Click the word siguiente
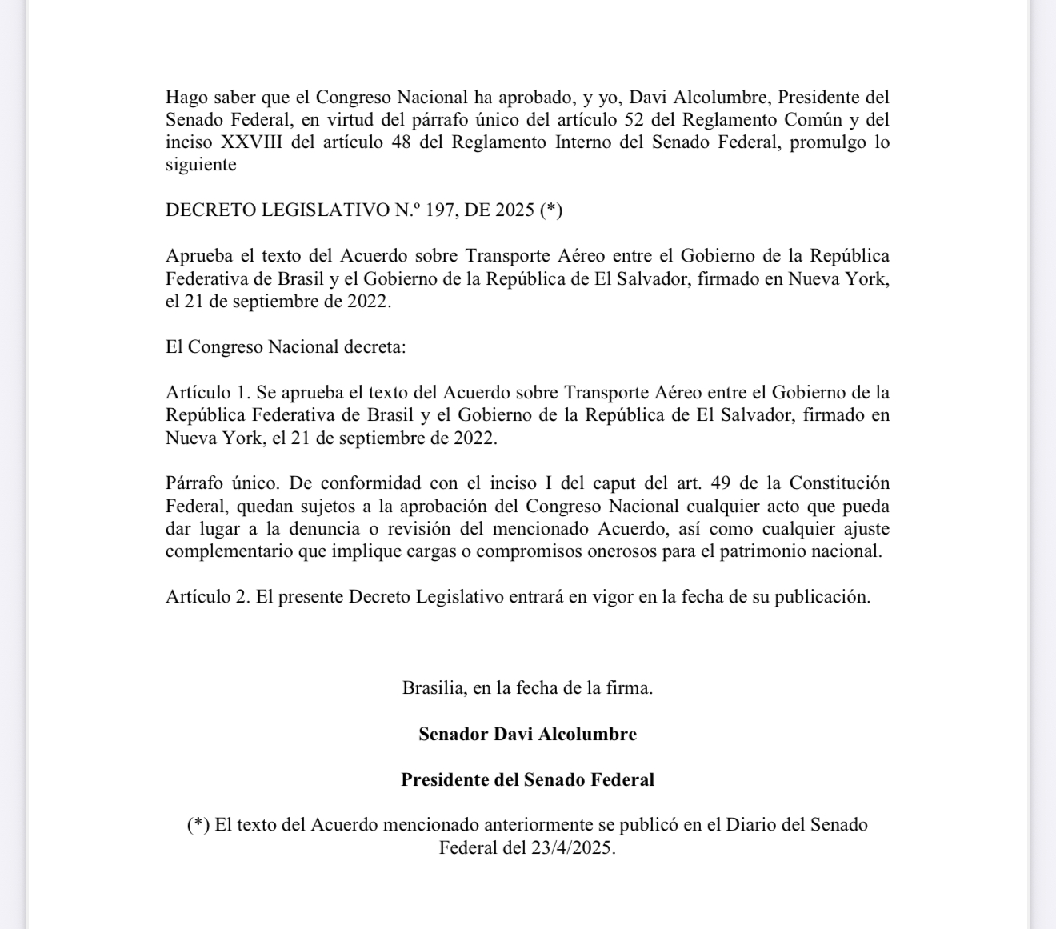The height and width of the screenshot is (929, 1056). (201, 165)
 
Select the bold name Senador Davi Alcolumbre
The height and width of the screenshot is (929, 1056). (527, 734)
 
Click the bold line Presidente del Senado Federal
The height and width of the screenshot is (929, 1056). (527, 779)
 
